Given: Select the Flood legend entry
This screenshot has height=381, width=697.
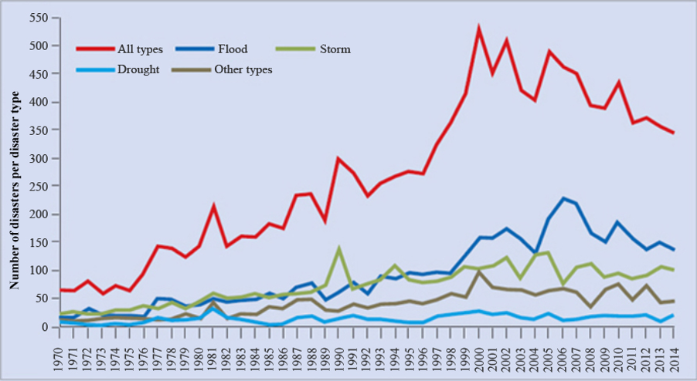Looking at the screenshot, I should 232,49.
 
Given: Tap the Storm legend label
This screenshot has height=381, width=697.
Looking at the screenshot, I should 335,49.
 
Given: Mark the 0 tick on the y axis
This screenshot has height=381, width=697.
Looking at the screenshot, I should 47,327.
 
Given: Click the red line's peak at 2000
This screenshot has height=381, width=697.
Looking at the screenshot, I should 479,29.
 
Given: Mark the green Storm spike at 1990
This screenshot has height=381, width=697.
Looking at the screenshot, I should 339,248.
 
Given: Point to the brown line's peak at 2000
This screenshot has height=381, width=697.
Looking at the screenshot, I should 479,271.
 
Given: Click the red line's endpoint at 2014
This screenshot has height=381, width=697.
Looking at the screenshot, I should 674,133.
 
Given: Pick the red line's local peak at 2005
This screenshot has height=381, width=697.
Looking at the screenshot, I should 549,52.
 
